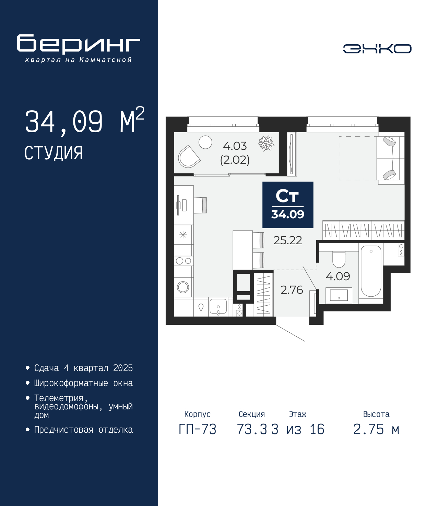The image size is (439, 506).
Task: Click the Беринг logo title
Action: [79, 44]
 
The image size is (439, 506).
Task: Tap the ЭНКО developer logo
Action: [377, 48]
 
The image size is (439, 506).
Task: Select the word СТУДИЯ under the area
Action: [54, 153]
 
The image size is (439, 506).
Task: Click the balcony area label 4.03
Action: [235, 146]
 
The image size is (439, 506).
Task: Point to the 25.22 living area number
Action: [287, 240]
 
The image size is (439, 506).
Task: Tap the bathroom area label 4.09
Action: [337, 276]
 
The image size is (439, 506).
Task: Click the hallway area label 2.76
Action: [292, 290]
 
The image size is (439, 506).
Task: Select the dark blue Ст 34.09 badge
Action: [288, 205]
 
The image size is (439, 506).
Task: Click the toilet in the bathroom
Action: [339, 259]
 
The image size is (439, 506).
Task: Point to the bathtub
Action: [371, 271]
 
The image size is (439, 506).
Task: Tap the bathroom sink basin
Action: [339, 295]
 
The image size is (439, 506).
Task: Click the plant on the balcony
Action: [266, 143]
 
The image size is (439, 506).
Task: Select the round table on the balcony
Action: [205, 142]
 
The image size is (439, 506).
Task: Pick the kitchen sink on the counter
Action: [218, 307]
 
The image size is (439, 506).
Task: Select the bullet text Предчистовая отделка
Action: [83, 436]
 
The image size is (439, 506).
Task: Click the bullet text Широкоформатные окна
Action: [83, 383]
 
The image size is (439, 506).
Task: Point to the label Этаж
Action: [298, 414]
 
